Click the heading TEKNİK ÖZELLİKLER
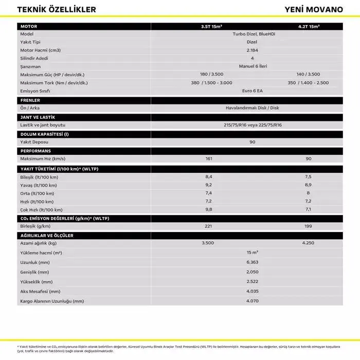click(x=57, y=10)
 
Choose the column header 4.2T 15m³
click(x=308, y=26)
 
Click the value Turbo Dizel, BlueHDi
click(x=252, y=33)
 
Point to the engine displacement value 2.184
click(x=252, y=50)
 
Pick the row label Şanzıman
click(x=30, y=66)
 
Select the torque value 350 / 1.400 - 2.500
click(x=308, y=83)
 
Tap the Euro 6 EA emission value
click(x=252, y=91)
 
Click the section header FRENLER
click(x=30, y=100)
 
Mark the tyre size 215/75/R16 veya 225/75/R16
click(x=252, y=125)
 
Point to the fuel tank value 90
click(x=252, y=141)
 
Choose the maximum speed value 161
click(x=208, y=159)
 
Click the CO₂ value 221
click(x=208, y=226)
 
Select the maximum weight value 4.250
click(x=308, y=243)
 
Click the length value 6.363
click(x=252, y=262)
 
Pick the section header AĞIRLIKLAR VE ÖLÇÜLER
click(x=47, y=235)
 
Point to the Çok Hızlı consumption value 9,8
click(x=208, y=210)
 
